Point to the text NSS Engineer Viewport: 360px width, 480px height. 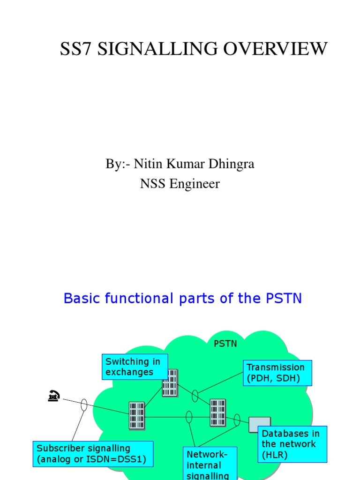[x=180, y=184]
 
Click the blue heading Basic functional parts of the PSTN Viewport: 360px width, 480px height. [x=183, y=299]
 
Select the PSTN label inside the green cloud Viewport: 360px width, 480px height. [x=225, y=344]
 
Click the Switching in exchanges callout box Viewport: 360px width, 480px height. [x=135, y=367]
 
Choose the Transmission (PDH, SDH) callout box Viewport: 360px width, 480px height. [x=277, y=373]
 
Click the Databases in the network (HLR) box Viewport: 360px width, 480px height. [x=292, y=444]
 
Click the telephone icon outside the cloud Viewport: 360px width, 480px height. [x=54, y=397]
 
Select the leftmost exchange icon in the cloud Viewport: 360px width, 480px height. [x=137, y=415]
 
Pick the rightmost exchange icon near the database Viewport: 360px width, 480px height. [x=217, y=412]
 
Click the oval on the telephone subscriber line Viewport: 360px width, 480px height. [x=84, y=405]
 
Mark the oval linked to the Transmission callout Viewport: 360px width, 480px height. [x=195, y=397]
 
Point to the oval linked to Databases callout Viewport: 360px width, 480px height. [x=237, y=419]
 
